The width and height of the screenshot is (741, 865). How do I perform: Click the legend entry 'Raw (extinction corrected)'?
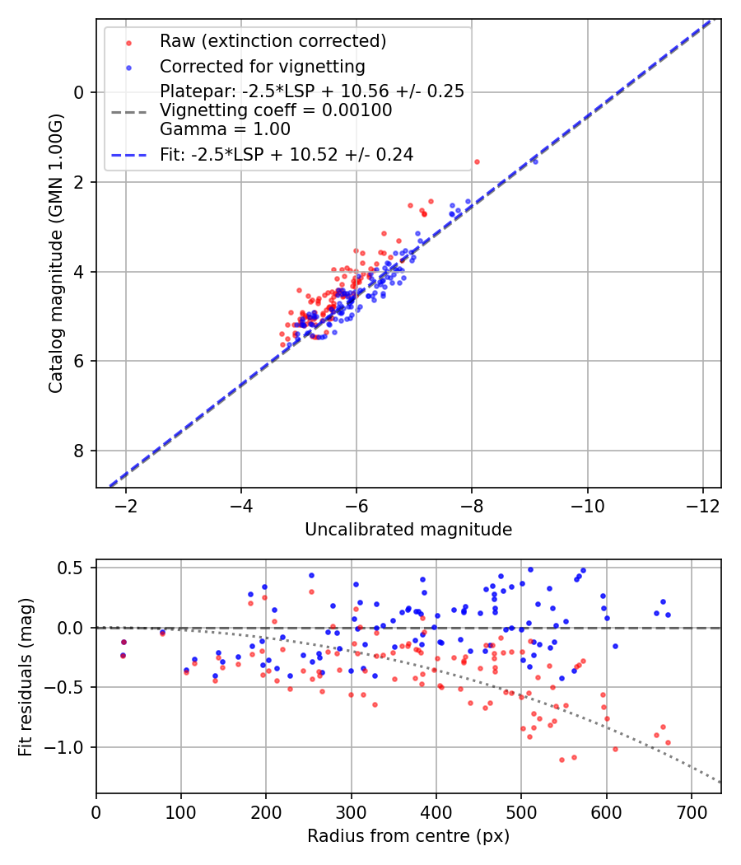click(x=273, y=41)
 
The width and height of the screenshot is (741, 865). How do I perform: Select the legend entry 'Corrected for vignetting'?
click(x=262, y=66)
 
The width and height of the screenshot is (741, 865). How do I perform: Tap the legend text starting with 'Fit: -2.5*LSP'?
click(x=287, y=154)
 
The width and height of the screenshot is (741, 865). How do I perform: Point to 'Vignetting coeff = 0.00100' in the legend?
click(x=275, y=110)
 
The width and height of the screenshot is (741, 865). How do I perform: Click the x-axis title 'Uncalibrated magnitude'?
click(x=408, y=530)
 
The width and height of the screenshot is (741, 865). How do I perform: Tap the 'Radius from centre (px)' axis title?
click(x=408, y=836)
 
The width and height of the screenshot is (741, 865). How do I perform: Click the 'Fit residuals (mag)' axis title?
click(x=26, y=676)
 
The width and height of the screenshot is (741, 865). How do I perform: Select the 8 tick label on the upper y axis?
click(x=80, y=451)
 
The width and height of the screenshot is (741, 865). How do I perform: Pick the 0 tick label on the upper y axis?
click(x=80, y=92)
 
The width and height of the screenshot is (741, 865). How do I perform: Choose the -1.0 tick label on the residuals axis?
click(x=70, y=747)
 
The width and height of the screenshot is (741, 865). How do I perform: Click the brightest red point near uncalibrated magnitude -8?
click(x=477, y=161)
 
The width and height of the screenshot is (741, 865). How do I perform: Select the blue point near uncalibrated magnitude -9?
click(x=534, y=161)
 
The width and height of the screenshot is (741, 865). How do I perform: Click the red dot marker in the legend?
click(x=128, y=41)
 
